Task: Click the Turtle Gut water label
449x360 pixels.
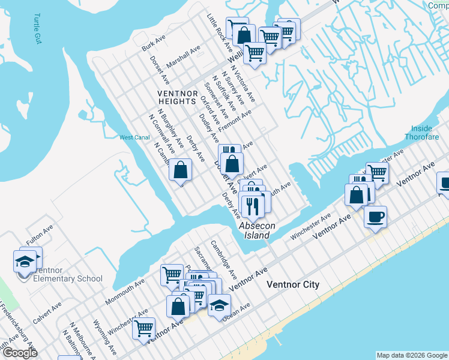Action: (38, 28)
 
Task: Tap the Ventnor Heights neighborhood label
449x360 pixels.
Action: (177, 98)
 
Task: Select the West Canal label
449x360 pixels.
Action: (134, 137)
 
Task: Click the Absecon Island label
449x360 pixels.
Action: (257, 230)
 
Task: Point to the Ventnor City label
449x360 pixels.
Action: (293, 284)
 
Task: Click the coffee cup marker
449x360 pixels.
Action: (375, 216)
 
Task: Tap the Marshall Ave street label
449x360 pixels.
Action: (184, 58)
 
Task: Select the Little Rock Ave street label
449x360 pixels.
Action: (219, 32)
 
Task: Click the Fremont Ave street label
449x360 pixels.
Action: (235, 121)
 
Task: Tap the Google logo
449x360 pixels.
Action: (20, 353)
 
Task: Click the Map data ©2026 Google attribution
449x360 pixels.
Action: (412, 355)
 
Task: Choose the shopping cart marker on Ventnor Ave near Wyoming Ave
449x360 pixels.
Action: (144, 328)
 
